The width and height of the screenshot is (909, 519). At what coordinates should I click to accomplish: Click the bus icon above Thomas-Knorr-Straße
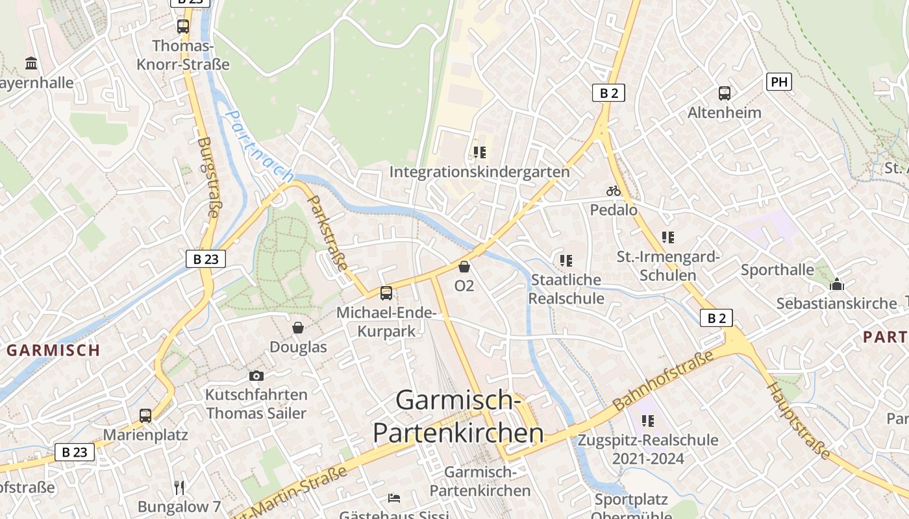(183, 27)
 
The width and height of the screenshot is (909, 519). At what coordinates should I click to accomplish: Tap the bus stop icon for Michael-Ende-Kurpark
(386, 293)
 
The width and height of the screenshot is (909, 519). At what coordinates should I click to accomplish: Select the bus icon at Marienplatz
(145, 416)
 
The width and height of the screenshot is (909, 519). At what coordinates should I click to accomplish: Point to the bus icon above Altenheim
(725, 93)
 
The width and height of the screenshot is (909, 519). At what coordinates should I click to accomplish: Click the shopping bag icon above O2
(464, 267)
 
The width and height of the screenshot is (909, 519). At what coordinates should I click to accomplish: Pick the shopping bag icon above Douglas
(298, 328)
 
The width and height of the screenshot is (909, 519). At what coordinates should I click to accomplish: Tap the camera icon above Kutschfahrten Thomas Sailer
(256, 376)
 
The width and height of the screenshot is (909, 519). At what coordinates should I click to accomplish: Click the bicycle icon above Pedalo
(614, 191)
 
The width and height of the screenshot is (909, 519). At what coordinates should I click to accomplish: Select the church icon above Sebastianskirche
(837, 284)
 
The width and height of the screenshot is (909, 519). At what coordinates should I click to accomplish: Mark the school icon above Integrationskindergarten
(479, 152)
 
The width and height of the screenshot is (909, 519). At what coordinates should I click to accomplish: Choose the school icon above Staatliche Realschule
(566, 261)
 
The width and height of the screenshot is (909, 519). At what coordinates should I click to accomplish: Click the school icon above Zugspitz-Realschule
(647, 421)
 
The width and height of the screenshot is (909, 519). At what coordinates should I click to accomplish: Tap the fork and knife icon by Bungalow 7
(179, 487)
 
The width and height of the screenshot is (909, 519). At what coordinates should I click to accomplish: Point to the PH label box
(779, 82)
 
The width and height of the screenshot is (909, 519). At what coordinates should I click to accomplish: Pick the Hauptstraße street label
(799, 420)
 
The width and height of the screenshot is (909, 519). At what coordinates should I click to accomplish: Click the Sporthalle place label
(777, 270)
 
